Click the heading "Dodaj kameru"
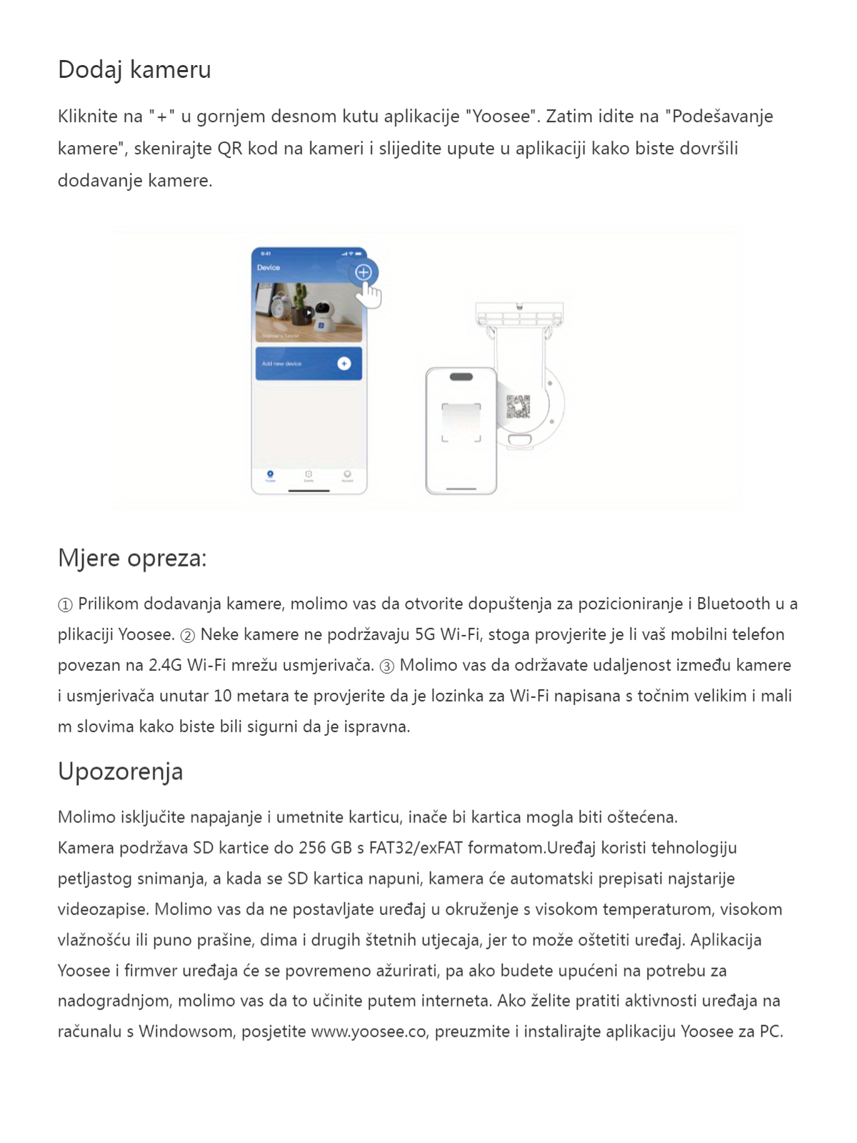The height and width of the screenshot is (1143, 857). tap(134, 70)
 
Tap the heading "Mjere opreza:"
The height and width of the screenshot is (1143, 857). tap(132, 558)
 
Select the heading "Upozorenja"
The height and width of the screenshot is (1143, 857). tap(120, 772)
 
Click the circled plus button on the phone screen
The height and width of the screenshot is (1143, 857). tap(364, 272)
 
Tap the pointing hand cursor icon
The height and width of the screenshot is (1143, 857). tap(370, 294)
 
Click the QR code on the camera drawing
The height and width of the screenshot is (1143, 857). tap(518, 406)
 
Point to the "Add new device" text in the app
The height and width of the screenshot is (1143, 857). tap(281, 364)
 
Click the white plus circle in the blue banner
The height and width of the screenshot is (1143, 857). tap(344, 364)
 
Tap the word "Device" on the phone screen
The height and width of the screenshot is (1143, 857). tap(269, 268)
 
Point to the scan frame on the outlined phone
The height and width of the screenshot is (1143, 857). tap(461, 423)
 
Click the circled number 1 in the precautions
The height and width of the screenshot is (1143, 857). tap(65, 605)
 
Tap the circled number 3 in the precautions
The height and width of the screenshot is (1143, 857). tap(387, 667)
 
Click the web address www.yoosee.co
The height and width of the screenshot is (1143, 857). tap(369, 1032)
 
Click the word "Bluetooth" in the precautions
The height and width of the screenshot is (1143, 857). tap(733, 604)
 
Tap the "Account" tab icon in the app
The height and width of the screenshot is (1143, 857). tap(347, 475)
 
